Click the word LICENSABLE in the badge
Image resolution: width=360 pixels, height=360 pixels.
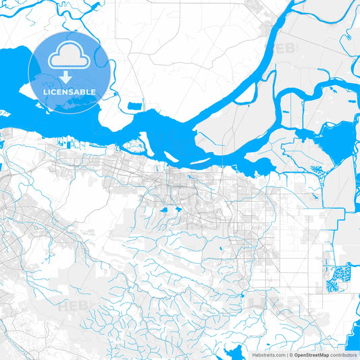click(70, 92)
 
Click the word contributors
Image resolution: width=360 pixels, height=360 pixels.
click(343, 355)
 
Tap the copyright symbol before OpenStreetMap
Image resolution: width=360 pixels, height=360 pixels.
click(291, 355)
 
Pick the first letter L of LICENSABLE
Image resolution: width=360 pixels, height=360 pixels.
click(45, 92)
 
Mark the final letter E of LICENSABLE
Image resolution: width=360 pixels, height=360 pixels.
click(94, 92)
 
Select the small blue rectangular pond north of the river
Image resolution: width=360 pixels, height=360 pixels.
click(135, 105)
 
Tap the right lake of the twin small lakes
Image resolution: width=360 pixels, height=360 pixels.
click(178, 209)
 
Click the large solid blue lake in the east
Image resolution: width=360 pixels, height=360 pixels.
click(335, 144)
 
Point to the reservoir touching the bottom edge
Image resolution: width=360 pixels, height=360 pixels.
click(237, 353)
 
